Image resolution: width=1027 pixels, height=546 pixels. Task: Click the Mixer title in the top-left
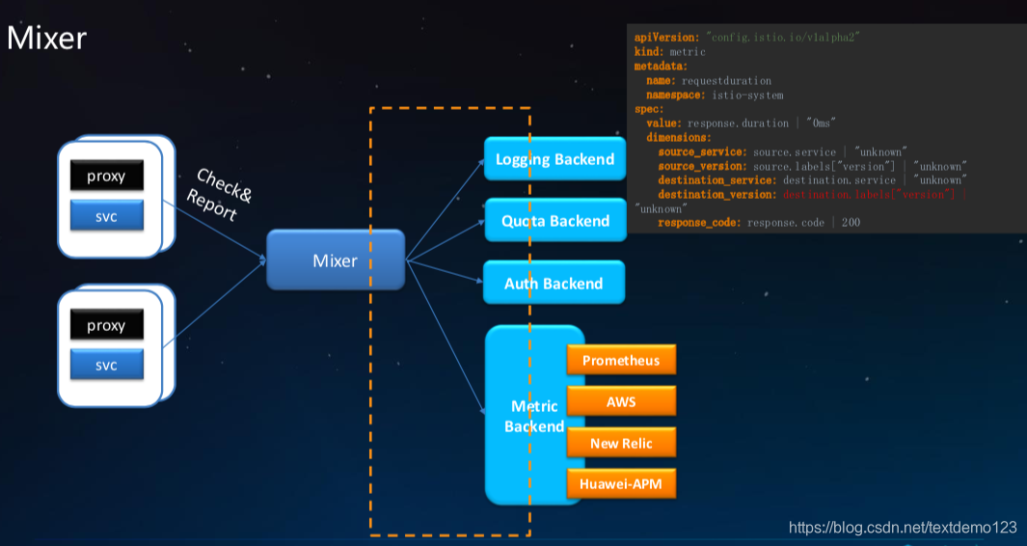(x=46, y=39)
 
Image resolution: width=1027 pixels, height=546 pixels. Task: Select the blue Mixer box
(x=335, y=260)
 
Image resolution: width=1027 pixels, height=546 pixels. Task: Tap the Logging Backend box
(x=554, y=159)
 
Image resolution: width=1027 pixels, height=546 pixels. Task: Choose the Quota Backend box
(x=554, y=221)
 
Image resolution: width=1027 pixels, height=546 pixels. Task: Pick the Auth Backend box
(x=554, y=284)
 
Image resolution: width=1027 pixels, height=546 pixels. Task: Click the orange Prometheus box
(x=621, y=360)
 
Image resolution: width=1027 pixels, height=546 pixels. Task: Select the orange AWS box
(x=621, y=401)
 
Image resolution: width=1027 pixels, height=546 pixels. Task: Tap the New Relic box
(x=621, y=443)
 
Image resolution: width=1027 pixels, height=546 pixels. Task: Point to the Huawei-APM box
(x=621, y=483)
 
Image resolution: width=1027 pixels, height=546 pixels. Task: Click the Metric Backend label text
(x=533, y=416)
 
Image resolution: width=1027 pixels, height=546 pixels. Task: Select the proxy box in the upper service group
(x=106, y=177)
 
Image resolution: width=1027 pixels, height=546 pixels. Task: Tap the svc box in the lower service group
(x=106, y=366)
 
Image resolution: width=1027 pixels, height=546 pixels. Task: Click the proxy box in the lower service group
(x=106, y=325)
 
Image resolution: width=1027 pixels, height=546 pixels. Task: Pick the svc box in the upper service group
(x=106, y=216)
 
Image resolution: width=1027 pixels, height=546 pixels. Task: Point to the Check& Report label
(x=220, y=193)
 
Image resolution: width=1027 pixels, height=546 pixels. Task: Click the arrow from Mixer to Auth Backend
(x=444, y=271)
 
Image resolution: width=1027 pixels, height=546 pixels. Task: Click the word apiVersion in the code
(x=667, y=36)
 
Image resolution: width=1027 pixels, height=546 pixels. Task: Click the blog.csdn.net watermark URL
(x=903, y=527)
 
